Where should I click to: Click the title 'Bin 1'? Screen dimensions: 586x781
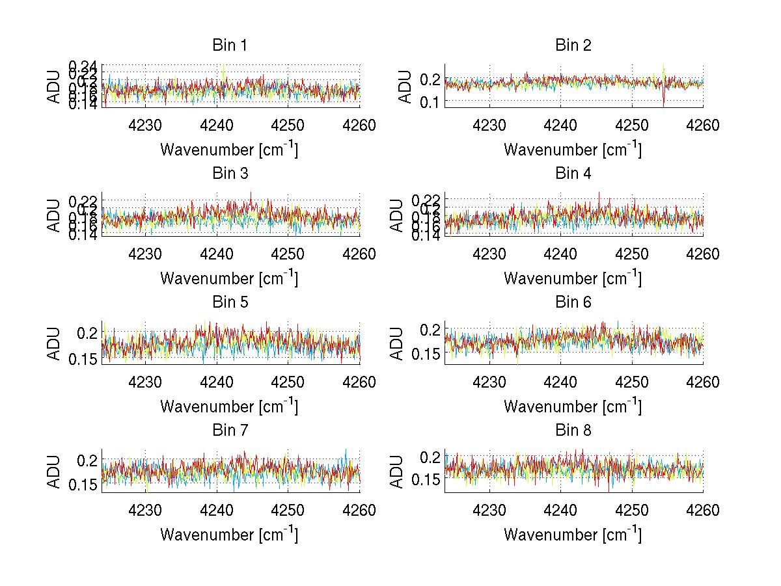tap(230, 45)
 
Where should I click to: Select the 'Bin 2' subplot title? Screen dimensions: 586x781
tap(573, 45)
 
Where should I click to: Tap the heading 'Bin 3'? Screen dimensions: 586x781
tap(230, 174)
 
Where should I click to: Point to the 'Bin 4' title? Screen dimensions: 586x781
tap(573, 174)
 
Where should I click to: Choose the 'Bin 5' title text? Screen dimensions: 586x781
tap(230, 302)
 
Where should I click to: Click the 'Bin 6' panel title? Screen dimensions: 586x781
tap(573, 302)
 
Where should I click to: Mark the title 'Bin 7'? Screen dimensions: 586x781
tap(230, 430)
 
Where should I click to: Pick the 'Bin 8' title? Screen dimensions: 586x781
tap(573, 430)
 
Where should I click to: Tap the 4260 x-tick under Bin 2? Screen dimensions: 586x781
tap(702, 126)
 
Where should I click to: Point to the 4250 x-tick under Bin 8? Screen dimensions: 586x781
tap(631, 511)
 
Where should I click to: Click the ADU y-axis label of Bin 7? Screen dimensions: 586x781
tap(53, 471)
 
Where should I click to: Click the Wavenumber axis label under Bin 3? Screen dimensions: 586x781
tap(229, 278)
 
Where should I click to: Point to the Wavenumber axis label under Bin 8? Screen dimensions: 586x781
tap(573, 535)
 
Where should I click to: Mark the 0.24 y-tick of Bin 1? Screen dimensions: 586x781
tap(83, 66)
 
